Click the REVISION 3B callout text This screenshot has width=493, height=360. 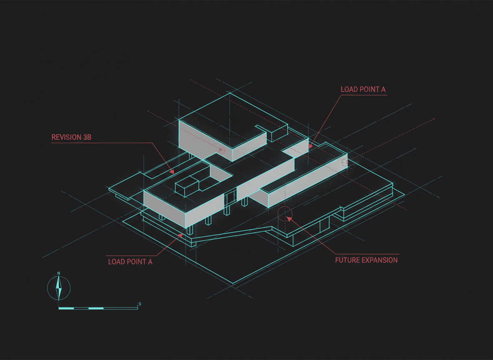point(71,137)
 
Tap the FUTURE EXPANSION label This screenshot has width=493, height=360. point(366,260)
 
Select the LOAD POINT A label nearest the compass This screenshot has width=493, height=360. point(130,262)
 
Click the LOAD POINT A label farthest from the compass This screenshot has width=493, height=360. point(363,90)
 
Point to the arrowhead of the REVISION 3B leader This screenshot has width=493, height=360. point(172,171)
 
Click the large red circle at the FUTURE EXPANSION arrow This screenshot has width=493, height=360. point(285,213)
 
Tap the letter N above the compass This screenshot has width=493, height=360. point(59,273)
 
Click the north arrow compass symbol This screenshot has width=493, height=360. point(59,287)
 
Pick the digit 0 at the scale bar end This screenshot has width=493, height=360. point(139,304)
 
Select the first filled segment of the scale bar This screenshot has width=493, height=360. point(66,308)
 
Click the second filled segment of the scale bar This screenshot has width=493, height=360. point(96,308)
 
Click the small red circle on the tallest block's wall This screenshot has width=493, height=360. point(222,150)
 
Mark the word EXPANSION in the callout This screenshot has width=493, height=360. point(379,260)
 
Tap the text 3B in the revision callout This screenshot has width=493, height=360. point(86,137)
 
